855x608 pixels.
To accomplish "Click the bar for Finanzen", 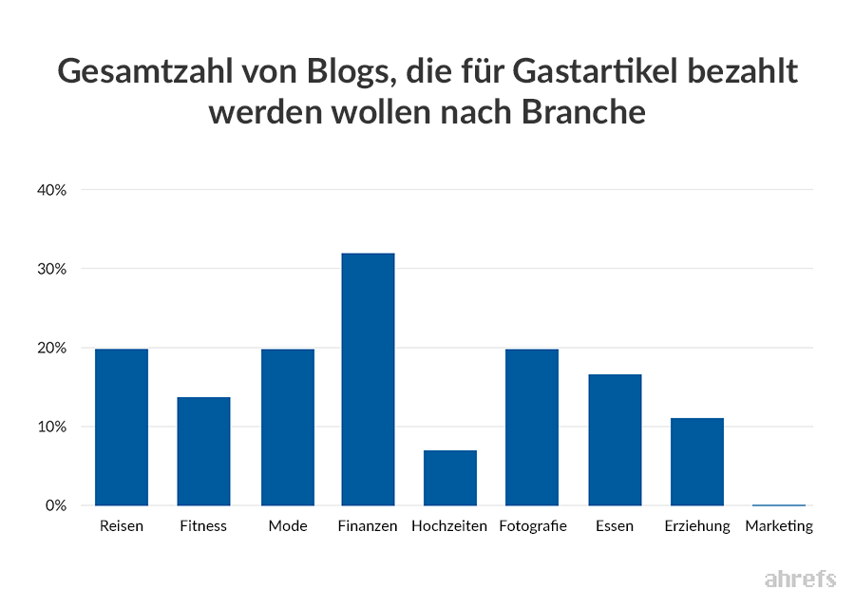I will [368, 379].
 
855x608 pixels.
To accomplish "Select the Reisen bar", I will [122, 427].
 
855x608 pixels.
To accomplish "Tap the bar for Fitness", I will [203, 450].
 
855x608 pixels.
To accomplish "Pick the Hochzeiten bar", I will [449, 477].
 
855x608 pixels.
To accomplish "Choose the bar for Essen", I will [615, 440].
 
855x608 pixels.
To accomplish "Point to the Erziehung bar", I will [696, 462].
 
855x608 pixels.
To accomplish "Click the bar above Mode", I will [287, 427].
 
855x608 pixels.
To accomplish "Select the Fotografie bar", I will [532, 427].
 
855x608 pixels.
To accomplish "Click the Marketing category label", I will [779, 526].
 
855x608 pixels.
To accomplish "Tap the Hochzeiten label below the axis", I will [449, 526].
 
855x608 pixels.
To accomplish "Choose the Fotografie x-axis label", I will [532, 526].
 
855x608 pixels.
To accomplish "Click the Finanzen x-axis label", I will [368, 526].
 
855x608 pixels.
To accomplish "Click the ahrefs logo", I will [800, 579].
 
